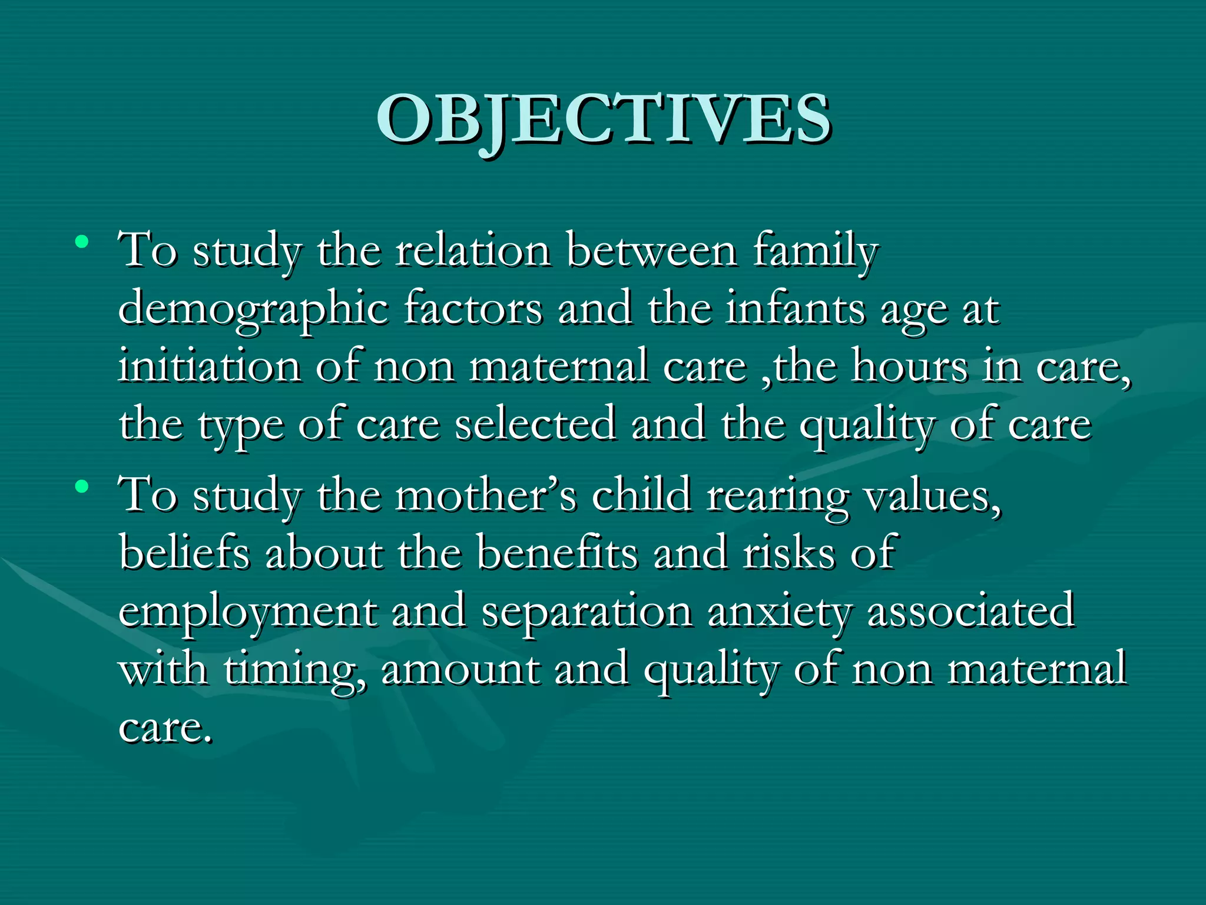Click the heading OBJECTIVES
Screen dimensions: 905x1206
(x=604, y=120)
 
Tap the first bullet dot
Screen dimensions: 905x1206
(x=82, y=242)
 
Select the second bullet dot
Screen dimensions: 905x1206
(x=82, y=486)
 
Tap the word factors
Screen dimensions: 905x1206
(x=473, y=309)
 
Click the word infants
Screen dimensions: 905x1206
(x=796, y=309)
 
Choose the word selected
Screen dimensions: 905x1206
(x=535, y=424)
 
